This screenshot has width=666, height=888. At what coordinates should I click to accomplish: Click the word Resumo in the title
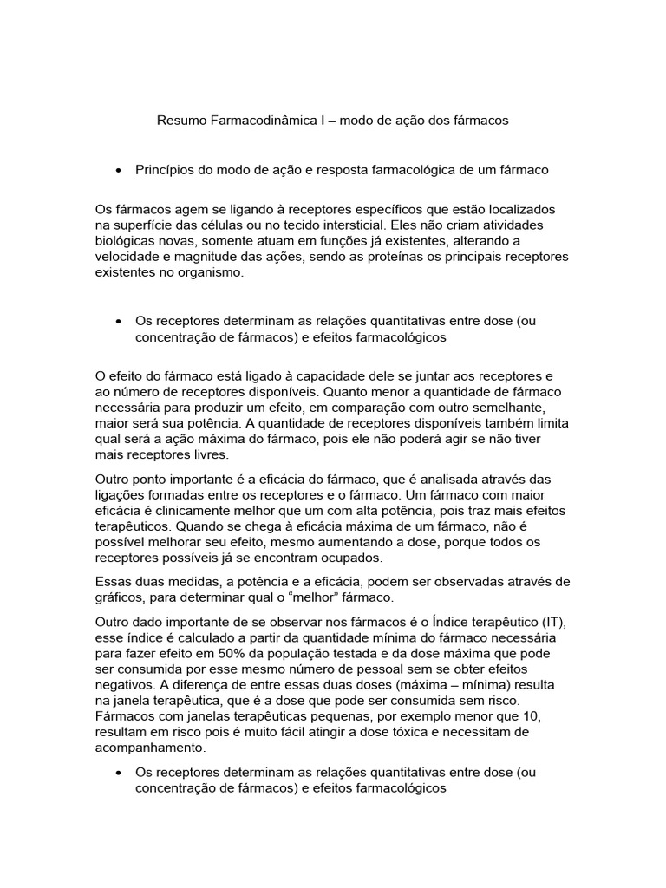click(181, 121)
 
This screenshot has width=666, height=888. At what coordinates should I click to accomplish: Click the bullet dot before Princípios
click(117, 171)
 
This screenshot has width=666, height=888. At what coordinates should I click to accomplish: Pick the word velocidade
click(130, 257)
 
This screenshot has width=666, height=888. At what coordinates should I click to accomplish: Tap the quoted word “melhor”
click(322, 598)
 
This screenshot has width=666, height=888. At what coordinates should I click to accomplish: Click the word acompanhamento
click(150, 747)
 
